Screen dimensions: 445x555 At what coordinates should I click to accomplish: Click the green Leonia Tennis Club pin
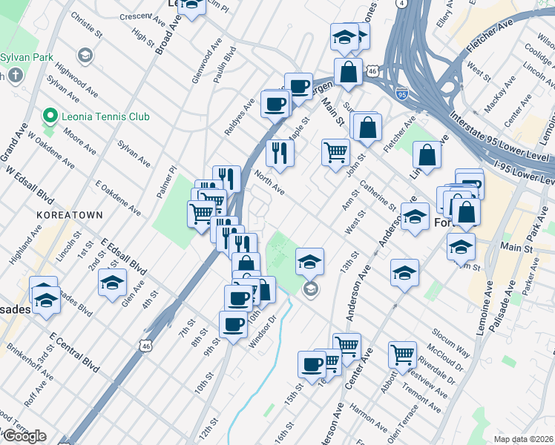tap(50, 116)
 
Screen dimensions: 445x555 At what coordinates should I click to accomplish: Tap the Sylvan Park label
tap(24, 56)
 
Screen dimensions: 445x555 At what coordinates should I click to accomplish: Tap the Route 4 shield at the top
tap(401, 4)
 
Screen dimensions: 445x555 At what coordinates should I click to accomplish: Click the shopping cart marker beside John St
tap(335, 153)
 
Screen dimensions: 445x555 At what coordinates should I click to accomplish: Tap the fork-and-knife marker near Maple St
tap(280, 153)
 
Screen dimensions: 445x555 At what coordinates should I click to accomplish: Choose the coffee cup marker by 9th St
tap(233, 324)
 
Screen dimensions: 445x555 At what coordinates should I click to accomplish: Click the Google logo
tap(24, 436)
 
